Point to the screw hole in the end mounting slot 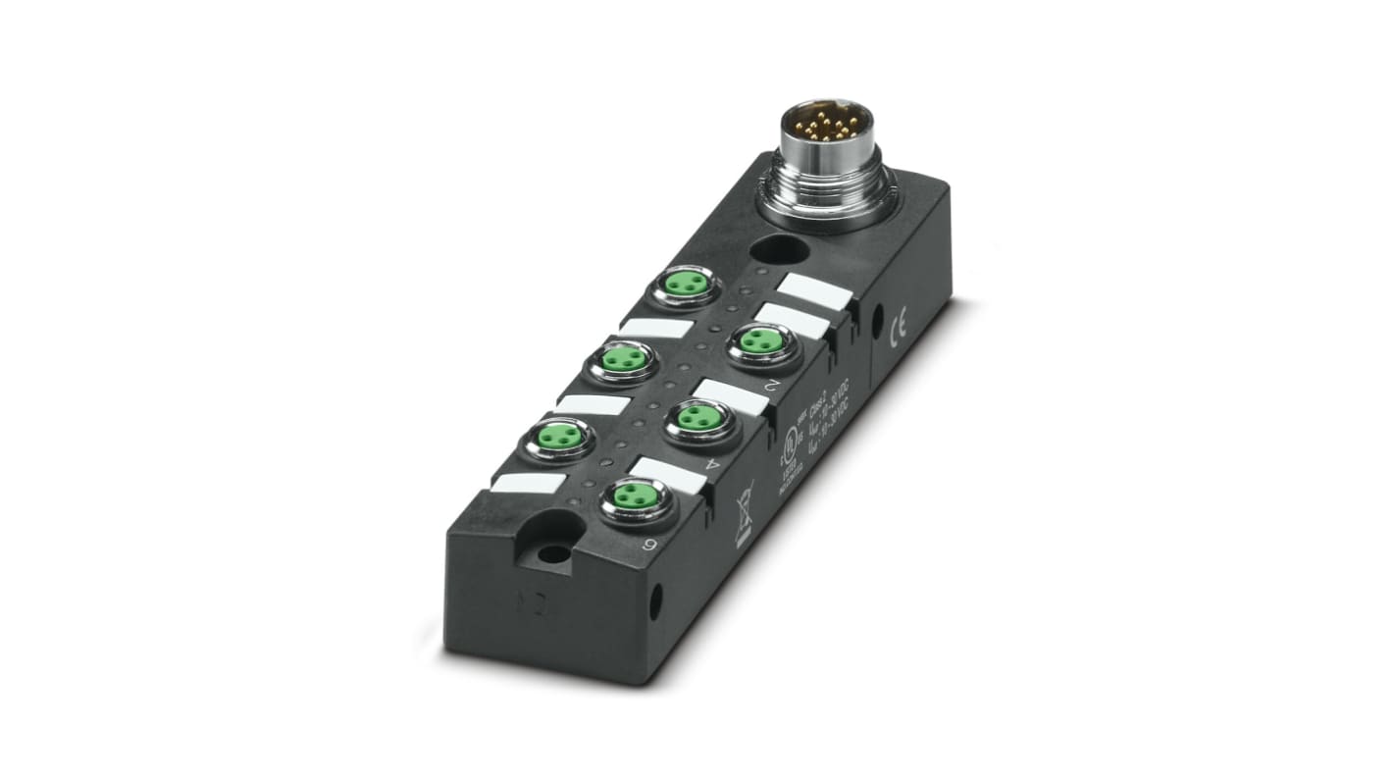[x=551, y=554]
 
